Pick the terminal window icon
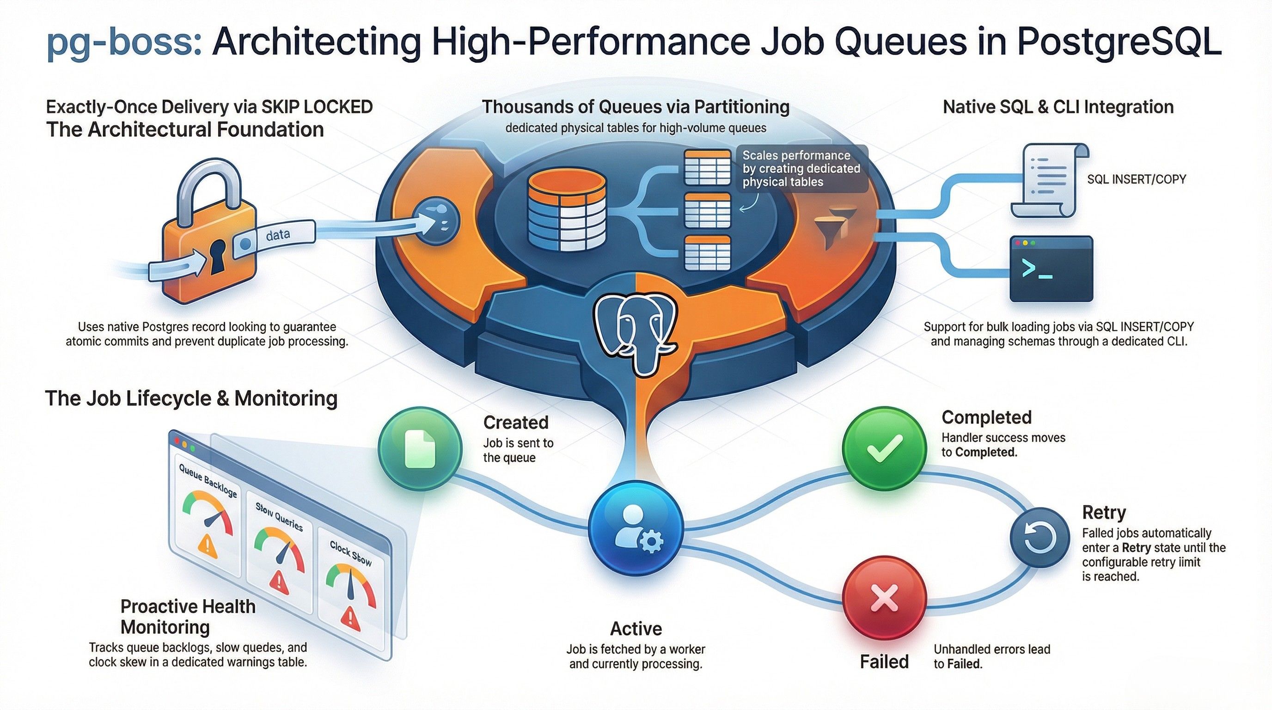click(x=1051, y=269)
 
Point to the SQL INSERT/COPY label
click(x=1136, y=179)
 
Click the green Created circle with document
click(x=420, y=448)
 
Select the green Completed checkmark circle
click(x=884, y=448)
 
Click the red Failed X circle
click(x=884, y=598)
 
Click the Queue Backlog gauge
click(x=208, y=514)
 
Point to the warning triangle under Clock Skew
click(x=350, y=616)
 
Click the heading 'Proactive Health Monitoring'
click(x=188, y=616)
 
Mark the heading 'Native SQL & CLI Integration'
click(x=1058, y=107)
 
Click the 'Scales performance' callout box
click(x=801, y=168)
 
